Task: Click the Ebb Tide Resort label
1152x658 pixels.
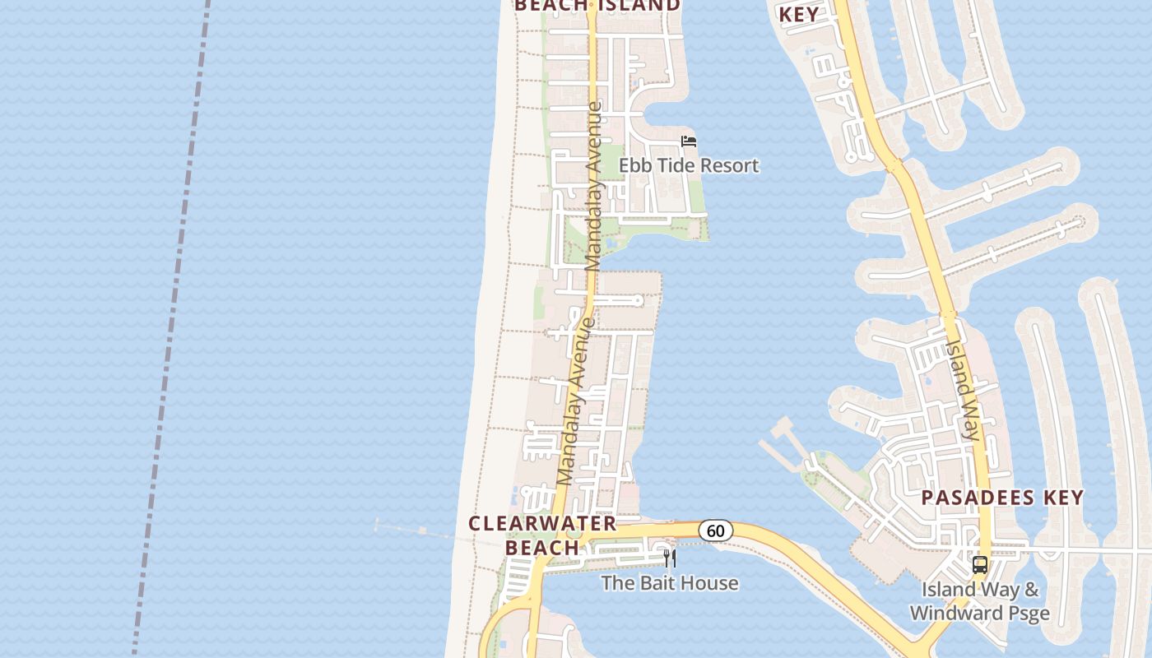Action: pyautogui.click(x=689, y=165)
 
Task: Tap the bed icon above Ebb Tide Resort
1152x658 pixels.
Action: pyautogui.click(x=689, y=141)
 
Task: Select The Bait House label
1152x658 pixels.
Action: pyautogui.click(x=670, y=583)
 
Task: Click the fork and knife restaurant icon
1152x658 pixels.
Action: pyautogui.click(x=670, y=559)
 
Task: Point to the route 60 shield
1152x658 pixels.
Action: pyautogui.click(x=716, y=531)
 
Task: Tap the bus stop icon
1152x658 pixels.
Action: pyautogui.click(x=979, y=565)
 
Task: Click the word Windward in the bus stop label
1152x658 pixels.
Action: pyautogui.click(x=948, y=614)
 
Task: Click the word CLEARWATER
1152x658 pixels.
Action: pyautogui.click(x=542, y=524)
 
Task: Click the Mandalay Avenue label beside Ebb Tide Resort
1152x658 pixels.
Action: pyautogui.click(x=594, y=186)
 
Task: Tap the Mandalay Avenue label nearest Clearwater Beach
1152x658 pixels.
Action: pyautogui.click(x=575, y=401)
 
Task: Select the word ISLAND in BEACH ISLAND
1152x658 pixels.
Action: pyautogui.click(x=639, y=6)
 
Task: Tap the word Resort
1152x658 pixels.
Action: pyautogui.click(x=725, y=165)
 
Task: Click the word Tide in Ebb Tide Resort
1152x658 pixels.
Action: pyautogui.click(x=668, y=165)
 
